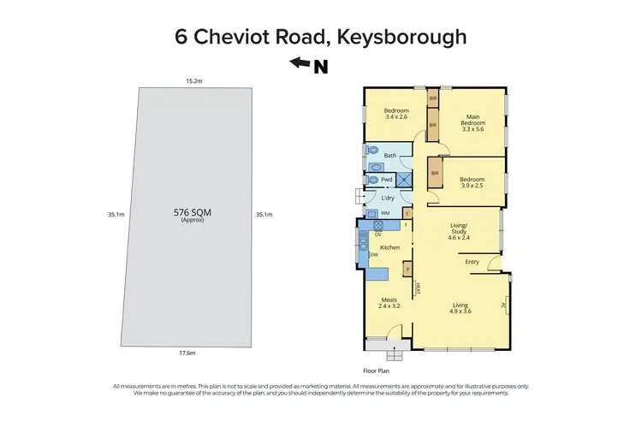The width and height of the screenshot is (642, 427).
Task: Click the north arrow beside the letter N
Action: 300,62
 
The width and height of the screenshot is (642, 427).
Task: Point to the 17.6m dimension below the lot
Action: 187,353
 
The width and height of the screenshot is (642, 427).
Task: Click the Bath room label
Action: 390,156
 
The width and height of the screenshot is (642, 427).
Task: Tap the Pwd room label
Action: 386,180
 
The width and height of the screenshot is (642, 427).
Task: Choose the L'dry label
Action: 387,199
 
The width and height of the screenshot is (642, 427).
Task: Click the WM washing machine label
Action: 385,213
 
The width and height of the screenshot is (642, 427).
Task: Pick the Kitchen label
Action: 389,248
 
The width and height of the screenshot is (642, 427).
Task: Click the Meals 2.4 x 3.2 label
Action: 389,304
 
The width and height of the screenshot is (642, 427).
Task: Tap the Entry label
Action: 472,262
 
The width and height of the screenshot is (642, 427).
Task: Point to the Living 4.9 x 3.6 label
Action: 461,308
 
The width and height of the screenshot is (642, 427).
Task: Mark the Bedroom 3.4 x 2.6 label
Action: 395,114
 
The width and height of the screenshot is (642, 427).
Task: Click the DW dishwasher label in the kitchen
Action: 374,254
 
